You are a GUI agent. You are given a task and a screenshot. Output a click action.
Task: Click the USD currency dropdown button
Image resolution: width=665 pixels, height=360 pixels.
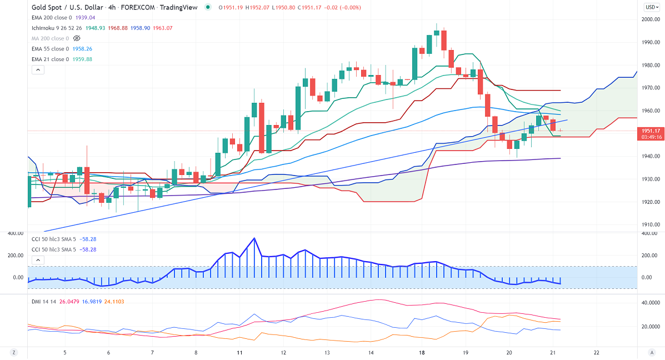pos(651,7)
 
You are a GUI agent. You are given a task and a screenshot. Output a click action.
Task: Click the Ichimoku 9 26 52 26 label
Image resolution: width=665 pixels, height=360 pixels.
pos(57,28)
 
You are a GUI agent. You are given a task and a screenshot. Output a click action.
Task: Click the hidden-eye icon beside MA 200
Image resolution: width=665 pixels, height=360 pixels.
pos(77,38)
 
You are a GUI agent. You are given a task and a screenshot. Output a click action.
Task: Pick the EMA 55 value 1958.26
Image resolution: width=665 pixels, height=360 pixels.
pos(81,49)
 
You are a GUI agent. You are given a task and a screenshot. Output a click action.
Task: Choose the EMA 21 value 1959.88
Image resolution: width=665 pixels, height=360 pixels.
pos(81,59)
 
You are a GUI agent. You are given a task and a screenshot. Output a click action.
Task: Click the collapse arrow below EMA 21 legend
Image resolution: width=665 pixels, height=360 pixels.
pos(38,70)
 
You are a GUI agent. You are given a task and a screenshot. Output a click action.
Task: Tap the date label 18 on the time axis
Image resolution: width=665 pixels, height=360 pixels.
pos(422,353)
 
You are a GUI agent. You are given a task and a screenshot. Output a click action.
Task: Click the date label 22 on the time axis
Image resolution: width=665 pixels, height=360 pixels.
pos(597,353)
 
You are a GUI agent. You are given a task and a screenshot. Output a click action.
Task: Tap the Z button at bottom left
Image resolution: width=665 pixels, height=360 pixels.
pos(13,353)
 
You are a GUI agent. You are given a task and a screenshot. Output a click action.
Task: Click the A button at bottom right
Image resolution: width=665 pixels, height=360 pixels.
pos(652,353)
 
